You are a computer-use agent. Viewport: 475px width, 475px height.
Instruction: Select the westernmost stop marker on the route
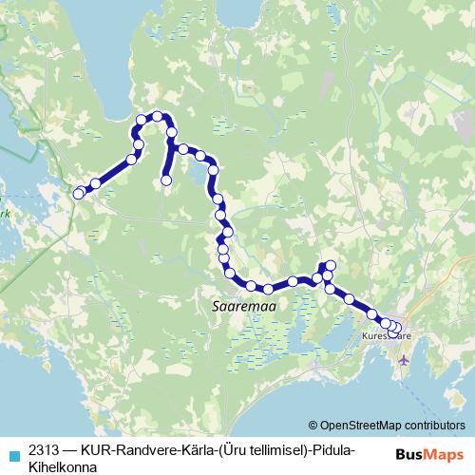78,194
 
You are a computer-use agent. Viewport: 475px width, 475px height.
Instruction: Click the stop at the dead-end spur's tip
166,180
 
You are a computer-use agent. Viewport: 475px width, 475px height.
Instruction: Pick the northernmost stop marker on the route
157,116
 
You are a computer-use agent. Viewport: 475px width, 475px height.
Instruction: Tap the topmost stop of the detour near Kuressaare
330,265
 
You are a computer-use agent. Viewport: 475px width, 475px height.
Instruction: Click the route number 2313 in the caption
46,449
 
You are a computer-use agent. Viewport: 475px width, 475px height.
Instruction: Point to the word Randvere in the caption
144,449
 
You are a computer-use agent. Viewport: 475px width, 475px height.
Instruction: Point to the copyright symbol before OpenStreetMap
313,425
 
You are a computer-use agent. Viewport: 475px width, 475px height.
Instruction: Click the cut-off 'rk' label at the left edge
4,215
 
